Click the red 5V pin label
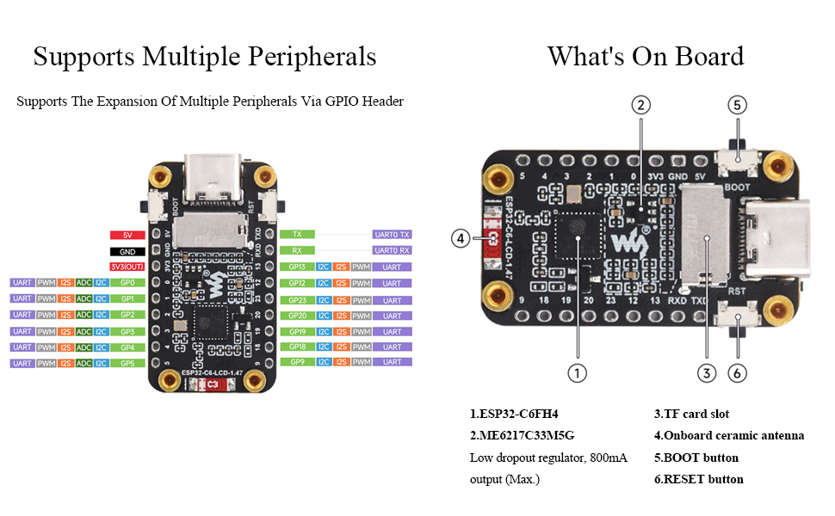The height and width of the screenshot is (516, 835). (x=127, y=235)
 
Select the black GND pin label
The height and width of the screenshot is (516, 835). (x=127, y=251)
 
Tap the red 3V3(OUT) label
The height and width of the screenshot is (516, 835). (x=127, y=267)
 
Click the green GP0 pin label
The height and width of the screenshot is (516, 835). (x=127, y=282)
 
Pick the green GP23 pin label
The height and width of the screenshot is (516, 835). (x=297, y=300)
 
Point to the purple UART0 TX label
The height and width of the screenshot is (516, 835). (x=393, y=234)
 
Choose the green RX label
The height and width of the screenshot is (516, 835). (x=297, y=251)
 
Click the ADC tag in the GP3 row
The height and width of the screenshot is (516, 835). (x=84, y=331)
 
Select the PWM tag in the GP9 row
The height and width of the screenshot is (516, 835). (x=362, y=362)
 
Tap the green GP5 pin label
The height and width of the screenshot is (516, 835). (x=127, y=363)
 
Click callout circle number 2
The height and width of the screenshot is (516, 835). (x=640, y=105)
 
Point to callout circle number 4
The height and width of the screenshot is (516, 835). (x=462, y=238)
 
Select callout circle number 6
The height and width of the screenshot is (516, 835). (x=739, y=374)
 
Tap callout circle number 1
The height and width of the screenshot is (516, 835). (x=578, y=374)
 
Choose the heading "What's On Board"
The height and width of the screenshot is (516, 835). (x=646, y=57)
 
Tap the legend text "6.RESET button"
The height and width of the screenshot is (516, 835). (x=697, y=479)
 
